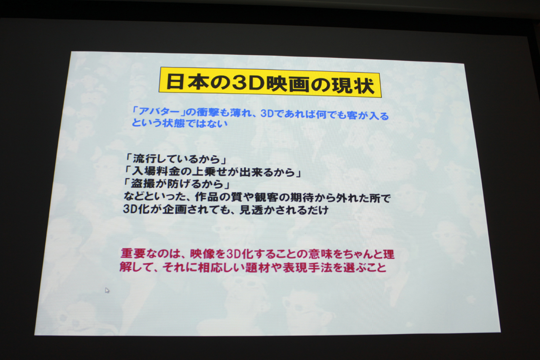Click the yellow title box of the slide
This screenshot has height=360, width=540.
click(x=270, y=82)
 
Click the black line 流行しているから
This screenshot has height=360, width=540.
click(x=176, y=159)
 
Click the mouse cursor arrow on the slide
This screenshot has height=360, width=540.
click(x=107, y=290)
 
